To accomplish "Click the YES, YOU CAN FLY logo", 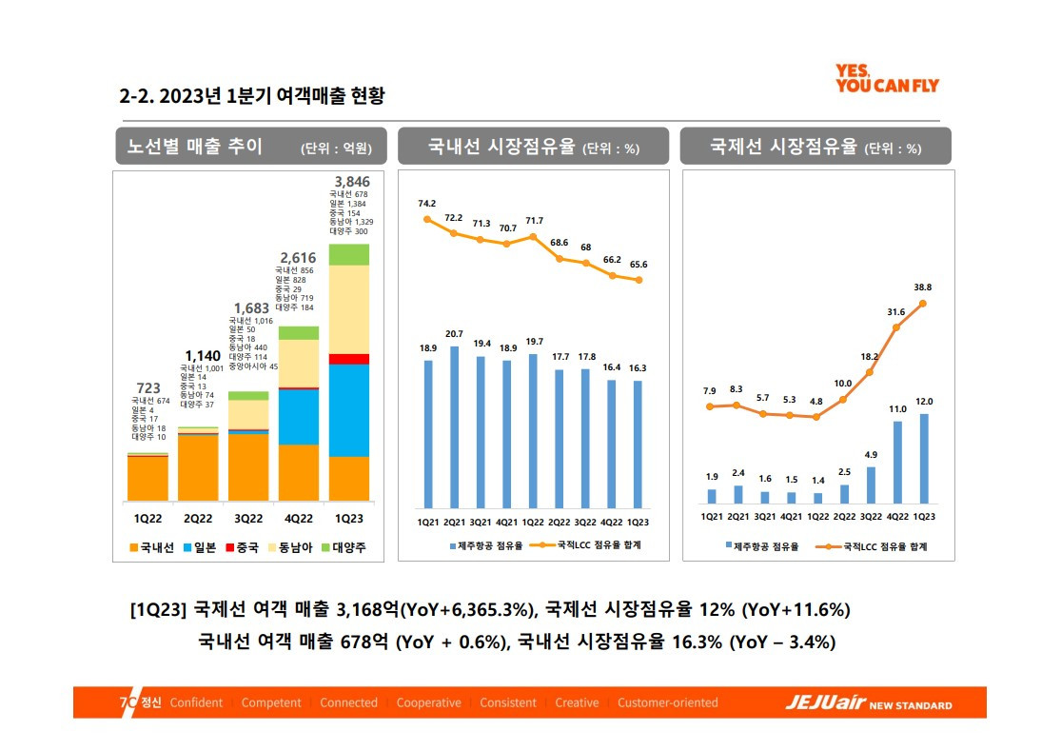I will pyautogui.click(x=886, y=78).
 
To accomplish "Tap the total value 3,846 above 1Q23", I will pyautogui.click(x=352, y=181).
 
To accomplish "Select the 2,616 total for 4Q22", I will pyautogui.click(x=297, y=257).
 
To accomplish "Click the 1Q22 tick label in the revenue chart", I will pyautogui.click(x=148, y=519).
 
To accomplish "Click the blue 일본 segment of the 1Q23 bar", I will pyautogui.click(x=349, y=409).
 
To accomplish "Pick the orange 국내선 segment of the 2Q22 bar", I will pyautogui.click(x=198, y=466).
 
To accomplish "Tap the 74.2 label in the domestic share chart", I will pyautogui.click(x=427, y=204).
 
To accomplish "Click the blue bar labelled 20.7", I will pyautogui.click(x=454, y=426).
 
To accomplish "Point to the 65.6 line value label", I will pyautogui.click(x=638, y=265).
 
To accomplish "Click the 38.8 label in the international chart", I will pyautogui.click(x=923, y=287).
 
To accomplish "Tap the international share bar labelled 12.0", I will pyautogui.click(x=924, y=458).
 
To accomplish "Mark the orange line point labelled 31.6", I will pyautogui.click(x=897, y=326).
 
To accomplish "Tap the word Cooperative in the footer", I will pyautogui.click(x=428, y=703).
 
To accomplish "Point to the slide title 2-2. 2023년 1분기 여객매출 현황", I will pyautogui.click(x=252, y=96).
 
